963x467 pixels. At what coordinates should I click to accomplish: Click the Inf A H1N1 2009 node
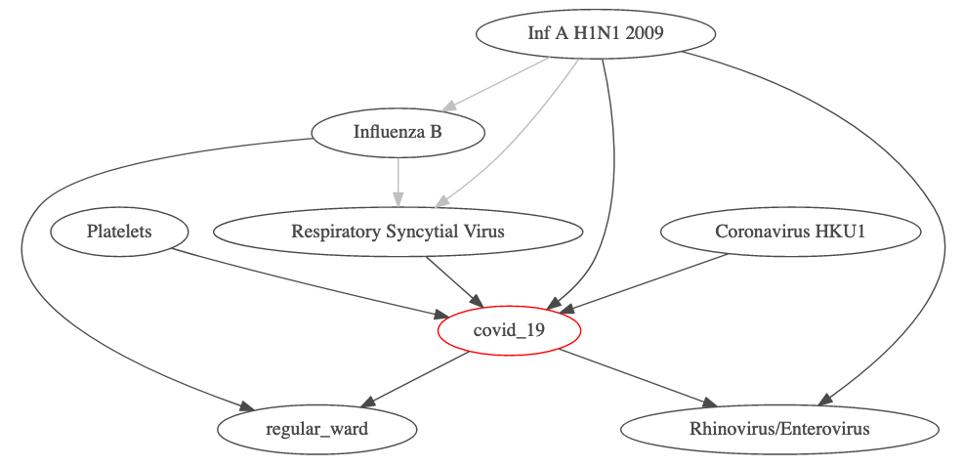point(596,33)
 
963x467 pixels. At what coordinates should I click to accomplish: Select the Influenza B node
point(398,132)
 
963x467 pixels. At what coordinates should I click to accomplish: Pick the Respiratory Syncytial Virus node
point(398,232)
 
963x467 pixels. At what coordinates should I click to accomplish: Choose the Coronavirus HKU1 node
point(791,232)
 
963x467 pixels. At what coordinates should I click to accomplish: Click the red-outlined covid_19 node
point(509,331)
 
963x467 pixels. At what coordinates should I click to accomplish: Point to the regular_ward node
point(316,429)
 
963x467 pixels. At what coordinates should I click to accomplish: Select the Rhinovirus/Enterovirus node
point(779,429)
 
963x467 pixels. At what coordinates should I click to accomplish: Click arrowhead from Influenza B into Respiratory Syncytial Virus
point(398,200)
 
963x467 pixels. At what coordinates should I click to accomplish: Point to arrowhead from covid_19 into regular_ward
point(366,403)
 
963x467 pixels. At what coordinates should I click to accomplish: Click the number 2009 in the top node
point(646,33)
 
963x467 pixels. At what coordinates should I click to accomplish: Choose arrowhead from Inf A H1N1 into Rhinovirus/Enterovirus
point(826,399)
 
